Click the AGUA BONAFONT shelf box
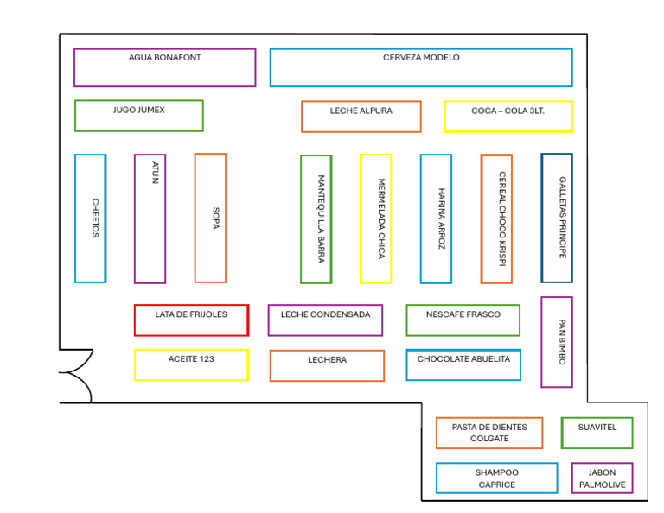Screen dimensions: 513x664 (x=164, y=67)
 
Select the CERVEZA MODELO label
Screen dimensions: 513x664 (x=421, y=58)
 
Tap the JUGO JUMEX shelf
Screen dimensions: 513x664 (x=138, y=116)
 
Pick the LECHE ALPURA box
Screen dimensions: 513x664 (x=361, y=117)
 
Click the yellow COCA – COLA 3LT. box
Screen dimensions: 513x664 (x=508, y=117)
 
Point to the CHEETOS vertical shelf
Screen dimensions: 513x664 (x=90, y=218)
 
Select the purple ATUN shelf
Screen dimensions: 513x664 (x=150, y=218)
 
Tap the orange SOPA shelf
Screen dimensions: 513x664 (x=210, y=218)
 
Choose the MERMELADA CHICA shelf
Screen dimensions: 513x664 (x=375, y=218)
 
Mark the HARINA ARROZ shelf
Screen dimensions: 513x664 (x=436, y=218)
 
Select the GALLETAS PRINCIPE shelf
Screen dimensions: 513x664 (x=556, y=218)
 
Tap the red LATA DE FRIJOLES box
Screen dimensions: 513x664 (x=191, y=320)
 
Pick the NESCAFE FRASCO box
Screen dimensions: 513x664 (x=463, y=320)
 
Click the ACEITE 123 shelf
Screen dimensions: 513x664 (x=191, y=364)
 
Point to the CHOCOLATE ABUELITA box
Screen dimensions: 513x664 (x=463, y=364)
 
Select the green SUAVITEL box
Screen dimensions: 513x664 (x=597, y=433)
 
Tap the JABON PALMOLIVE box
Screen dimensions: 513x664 (x=602, y=478)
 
